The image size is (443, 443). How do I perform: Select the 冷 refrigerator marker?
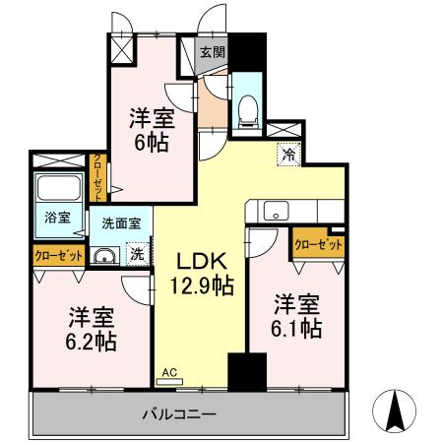point(288,154)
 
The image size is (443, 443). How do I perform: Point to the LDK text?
point(202,262)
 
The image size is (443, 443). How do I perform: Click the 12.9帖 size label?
point(202,286)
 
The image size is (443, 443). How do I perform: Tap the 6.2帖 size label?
point(92,342)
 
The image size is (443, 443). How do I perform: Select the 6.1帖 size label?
point(296,329)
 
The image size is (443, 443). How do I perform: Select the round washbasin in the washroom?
point(103,256)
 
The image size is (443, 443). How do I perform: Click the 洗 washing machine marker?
point(138,253)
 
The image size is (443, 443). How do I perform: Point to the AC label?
point(168,372)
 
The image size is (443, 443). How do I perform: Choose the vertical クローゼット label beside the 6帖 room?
point(98,177)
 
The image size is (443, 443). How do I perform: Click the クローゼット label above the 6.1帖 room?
point(318,243)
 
